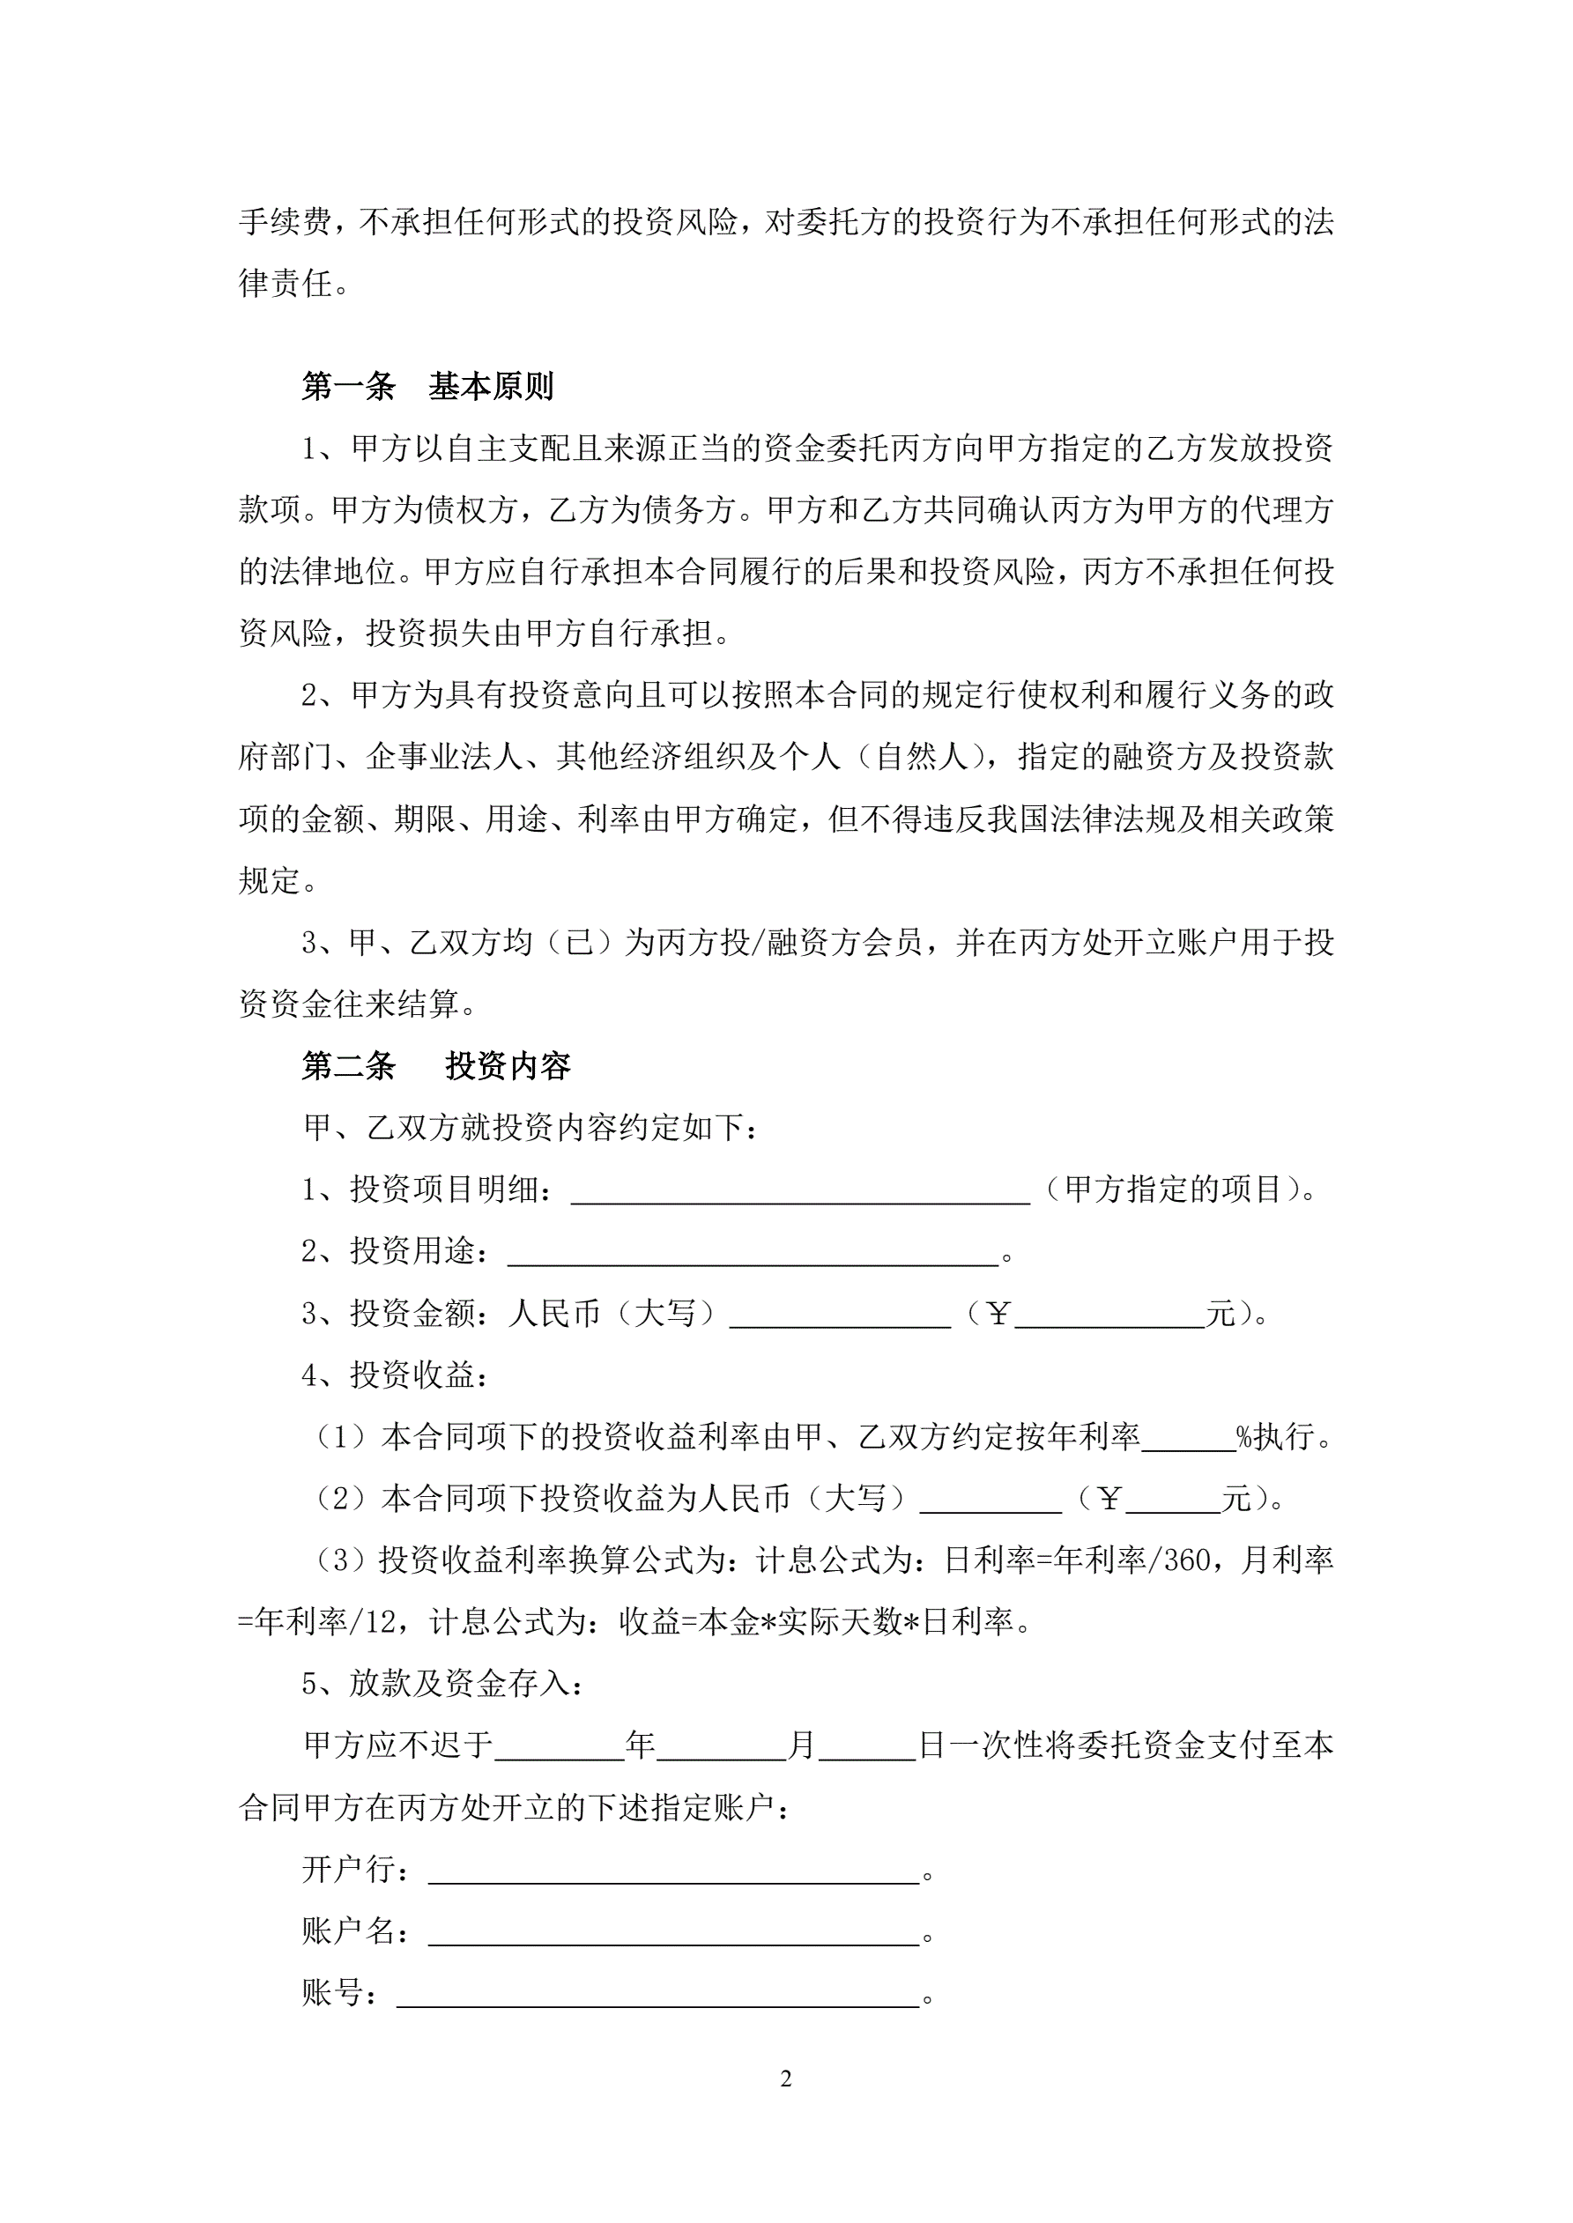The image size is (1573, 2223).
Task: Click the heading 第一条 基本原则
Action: (x=427, y=388)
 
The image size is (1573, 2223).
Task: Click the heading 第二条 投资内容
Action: (x=435, y=1066)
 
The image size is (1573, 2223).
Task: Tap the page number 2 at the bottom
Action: (x=785, y=2078)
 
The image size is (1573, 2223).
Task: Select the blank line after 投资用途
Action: (x=753, y=1255)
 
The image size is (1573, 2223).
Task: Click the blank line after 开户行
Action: (x=673, y=1872)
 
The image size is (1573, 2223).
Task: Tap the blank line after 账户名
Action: (x=673, y=1935)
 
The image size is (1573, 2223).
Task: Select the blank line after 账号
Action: (x=657, y=1997)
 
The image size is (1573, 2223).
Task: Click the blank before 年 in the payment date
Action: (x=559, y=1749)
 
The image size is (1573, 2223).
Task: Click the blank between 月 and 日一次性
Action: (x=866, y=1749)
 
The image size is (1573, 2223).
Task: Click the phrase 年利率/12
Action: (x=324, y=1623)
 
